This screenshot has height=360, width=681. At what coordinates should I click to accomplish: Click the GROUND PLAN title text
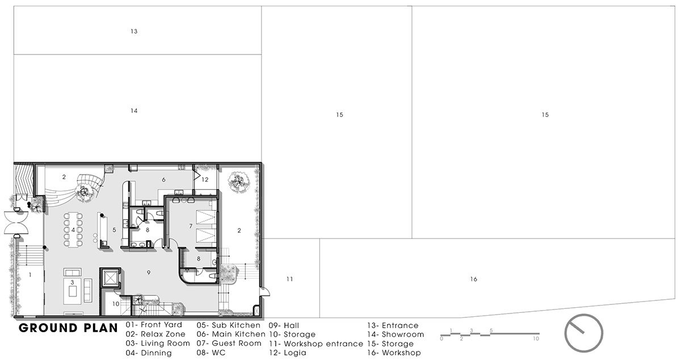[68, 328]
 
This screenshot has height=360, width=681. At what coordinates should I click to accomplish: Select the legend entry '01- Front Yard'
[154, 325]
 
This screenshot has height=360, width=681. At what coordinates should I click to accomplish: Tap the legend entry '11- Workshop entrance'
[316, 344]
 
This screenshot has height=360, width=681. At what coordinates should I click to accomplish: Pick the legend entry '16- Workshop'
[394, 353]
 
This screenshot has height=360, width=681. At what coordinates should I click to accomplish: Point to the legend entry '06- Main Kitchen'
[231, 334]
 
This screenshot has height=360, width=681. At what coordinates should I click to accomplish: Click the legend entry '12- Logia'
[288, 353]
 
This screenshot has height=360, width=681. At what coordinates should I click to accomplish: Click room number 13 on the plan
[134, 31]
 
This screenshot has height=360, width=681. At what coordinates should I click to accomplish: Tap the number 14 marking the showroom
[134, 111]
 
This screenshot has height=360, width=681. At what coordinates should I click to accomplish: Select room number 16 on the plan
[474, 279]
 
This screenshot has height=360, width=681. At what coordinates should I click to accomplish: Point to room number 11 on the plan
[289, 279]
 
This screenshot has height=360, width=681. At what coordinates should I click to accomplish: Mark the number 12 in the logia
[205, 179]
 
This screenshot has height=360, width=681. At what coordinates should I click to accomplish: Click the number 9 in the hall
[149, 273]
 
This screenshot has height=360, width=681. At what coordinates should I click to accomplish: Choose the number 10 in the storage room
[116, 304]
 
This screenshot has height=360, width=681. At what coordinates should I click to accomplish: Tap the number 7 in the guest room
[191, 226]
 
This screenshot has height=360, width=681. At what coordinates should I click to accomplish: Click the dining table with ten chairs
[73, 230]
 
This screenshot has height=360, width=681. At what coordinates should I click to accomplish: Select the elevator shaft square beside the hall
[110, 278]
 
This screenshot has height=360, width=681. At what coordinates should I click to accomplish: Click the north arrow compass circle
[584, 333]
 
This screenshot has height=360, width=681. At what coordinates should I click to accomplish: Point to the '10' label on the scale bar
[536, 338]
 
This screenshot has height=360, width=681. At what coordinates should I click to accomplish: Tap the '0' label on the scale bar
[442, 338]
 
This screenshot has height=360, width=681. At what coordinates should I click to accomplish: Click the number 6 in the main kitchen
[163, 180]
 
